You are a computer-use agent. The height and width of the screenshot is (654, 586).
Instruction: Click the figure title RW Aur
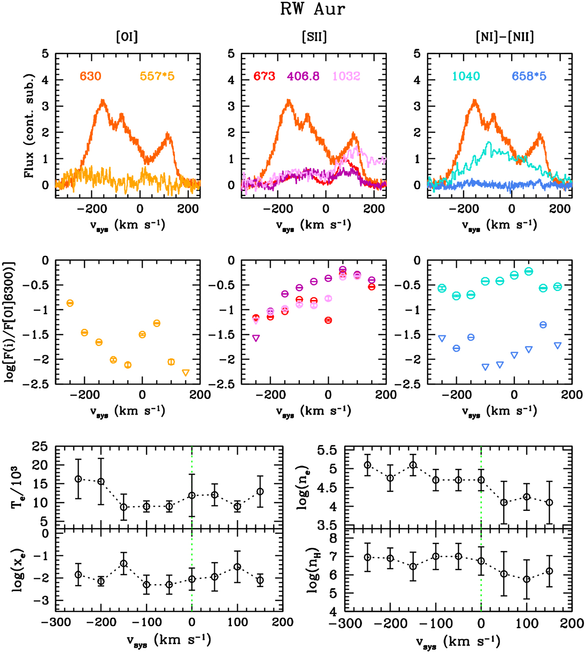[313, 10]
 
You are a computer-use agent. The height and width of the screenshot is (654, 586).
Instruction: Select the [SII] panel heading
[314, 37]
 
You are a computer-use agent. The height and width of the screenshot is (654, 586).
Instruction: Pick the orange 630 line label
[91, 76]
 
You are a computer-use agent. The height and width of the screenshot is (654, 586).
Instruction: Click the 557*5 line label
[157, 76]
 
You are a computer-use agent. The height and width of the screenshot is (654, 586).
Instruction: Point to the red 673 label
[264, 76]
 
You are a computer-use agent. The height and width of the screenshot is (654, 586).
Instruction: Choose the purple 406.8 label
[303, 76]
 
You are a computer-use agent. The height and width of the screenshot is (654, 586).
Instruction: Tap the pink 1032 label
[346, 76]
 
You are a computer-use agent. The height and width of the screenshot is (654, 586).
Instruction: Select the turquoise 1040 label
[466, 76]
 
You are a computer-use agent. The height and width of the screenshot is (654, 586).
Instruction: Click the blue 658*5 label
[529, 76]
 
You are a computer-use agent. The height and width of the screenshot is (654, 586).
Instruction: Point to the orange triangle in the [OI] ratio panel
[186, 373]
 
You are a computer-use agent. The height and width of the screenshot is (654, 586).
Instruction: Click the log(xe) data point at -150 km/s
[124, 563]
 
